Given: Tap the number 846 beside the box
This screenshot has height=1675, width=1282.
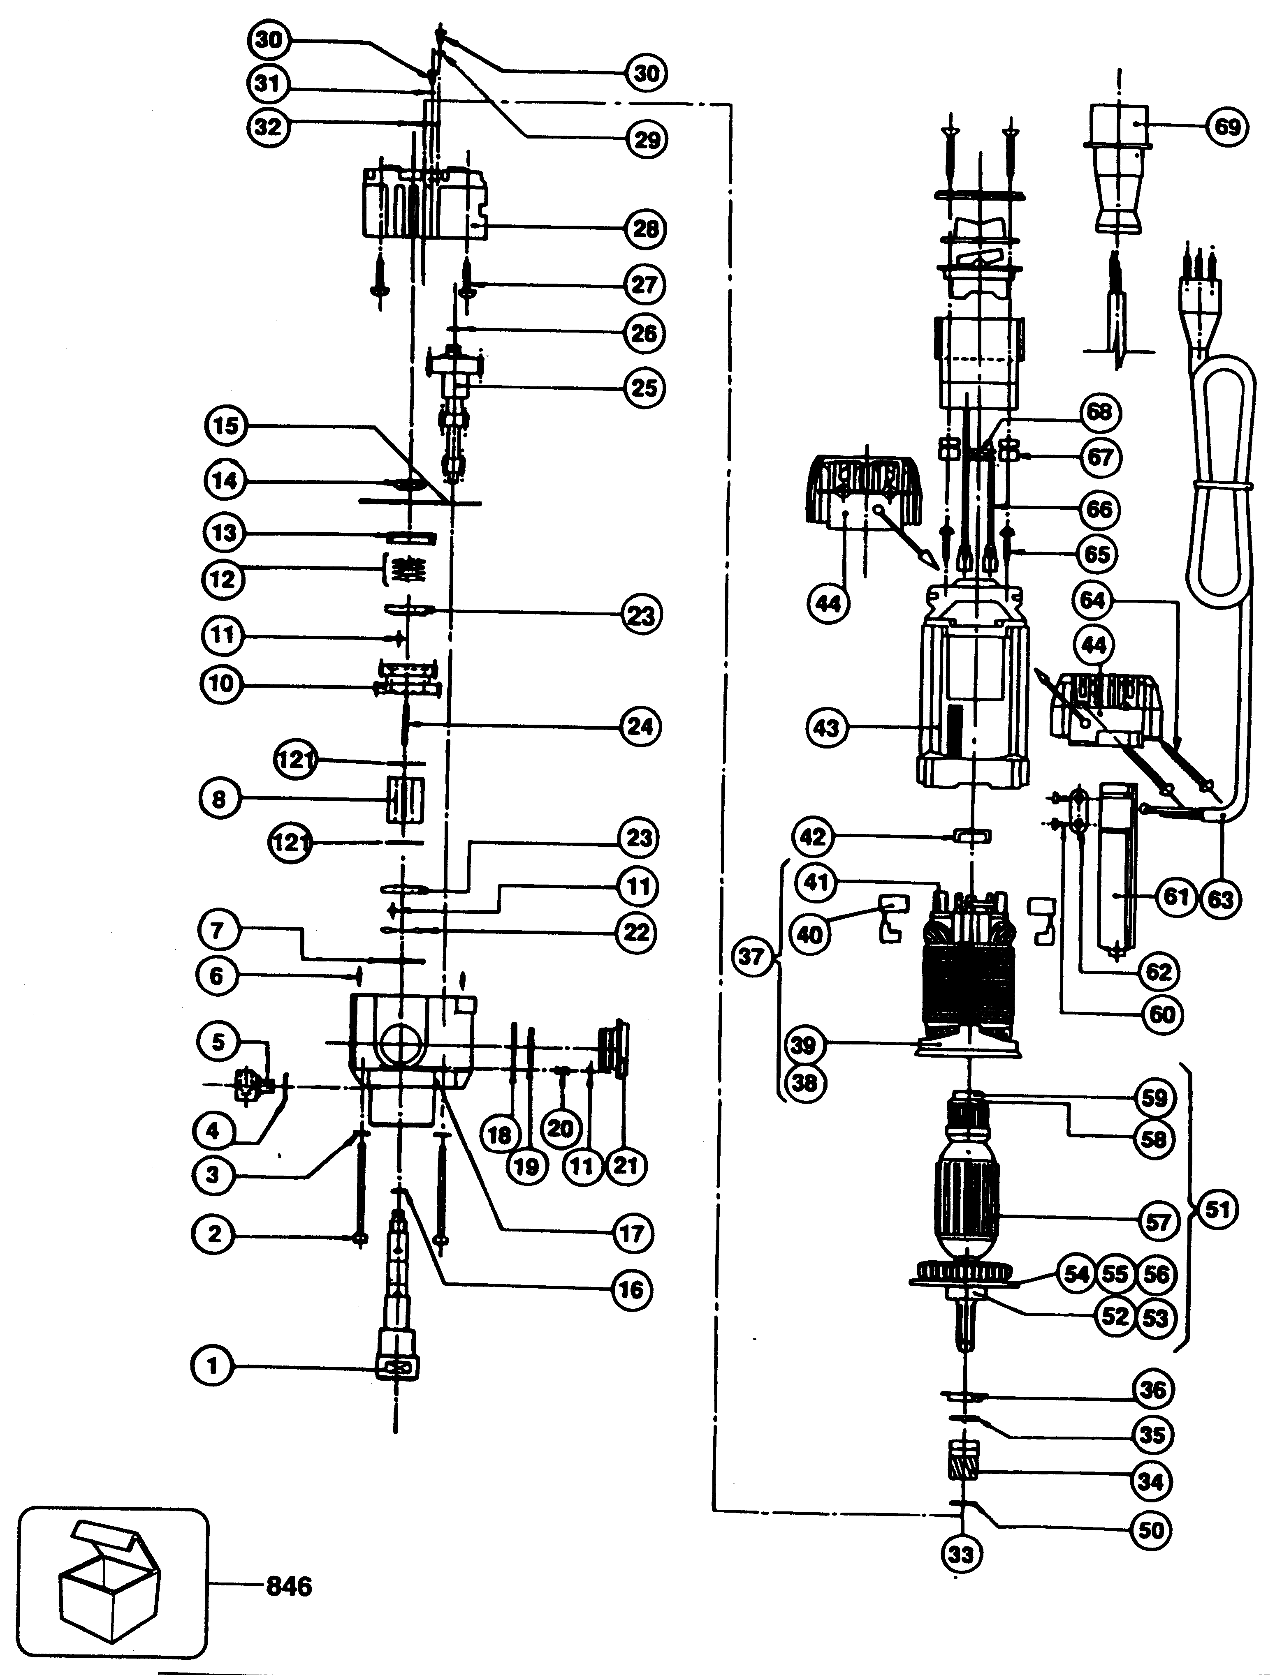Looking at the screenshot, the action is pos(289,1587).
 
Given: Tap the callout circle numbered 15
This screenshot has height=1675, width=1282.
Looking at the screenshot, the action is pos(226,425).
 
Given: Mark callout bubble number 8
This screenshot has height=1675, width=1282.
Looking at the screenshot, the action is pos(219,799).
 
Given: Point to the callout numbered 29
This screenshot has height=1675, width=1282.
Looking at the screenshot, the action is pos(646,140).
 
